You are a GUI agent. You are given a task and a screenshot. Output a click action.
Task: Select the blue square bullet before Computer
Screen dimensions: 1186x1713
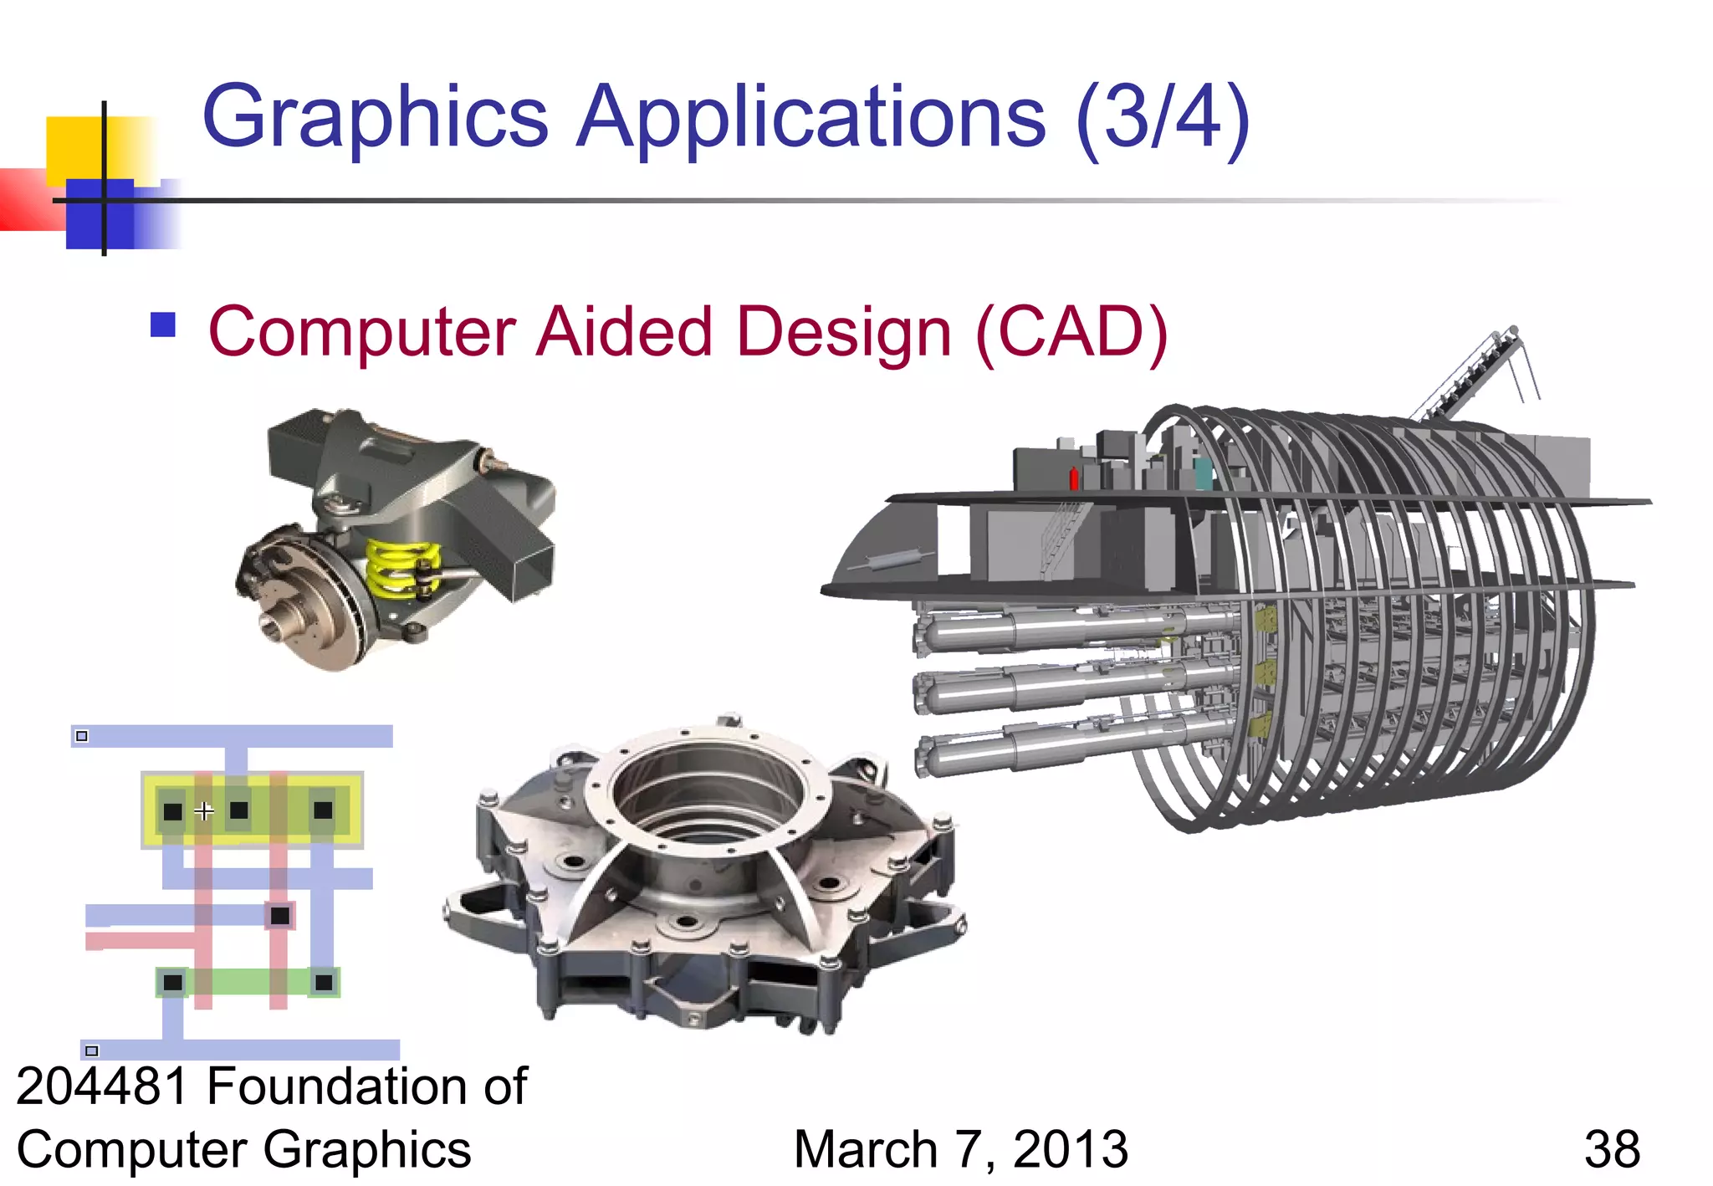tap(163, 325)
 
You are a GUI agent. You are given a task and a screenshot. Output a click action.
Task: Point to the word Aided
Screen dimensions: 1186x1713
tap(624, 332)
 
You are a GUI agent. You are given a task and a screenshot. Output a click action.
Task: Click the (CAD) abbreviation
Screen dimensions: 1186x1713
tap(1071, 332)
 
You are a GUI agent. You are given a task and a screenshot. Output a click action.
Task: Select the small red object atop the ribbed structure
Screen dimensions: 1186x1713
tap(1074, 478)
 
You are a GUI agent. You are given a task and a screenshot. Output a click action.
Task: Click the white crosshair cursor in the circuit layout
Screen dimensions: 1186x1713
tap(204, 810)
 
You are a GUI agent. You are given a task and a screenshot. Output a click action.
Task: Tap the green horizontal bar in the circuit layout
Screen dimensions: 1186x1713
tap(248, 982)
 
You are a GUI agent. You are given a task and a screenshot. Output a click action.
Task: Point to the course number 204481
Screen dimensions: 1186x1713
tap(102, 1086)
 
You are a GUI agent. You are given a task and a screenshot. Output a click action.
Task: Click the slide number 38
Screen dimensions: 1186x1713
tap(1612, 1149)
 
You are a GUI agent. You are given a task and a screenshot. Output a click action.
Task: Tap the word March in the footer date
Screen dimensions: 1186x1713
tap(865, 1149)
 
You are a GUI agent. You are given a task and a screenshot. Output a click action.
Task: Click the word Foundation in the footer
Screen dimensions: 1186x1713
tap(331, 1086)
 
